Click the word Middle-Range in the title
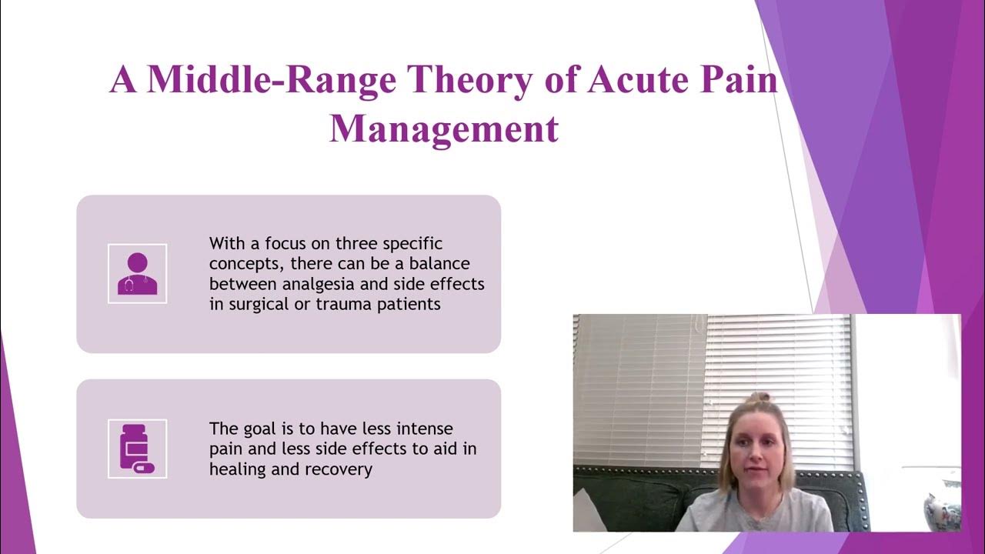tap(274, 81)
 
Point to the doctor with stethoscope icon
tap(137, 273)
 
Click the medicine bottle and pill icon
tap(137, 449)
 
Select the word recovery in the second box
tap(340, 469)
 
